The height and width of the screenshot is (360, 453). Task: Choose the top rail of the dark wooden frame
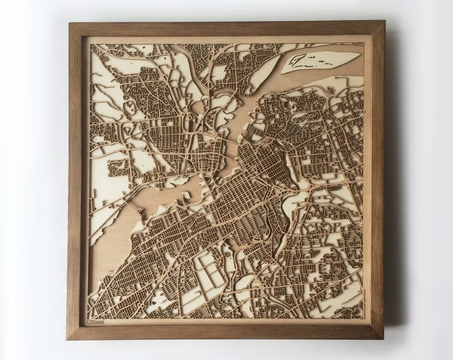(226, 29)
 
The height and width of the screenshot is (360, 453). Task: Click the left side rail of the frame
(75, 180)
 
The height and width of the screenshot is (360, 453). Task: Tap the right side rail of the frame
(378, 180)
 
